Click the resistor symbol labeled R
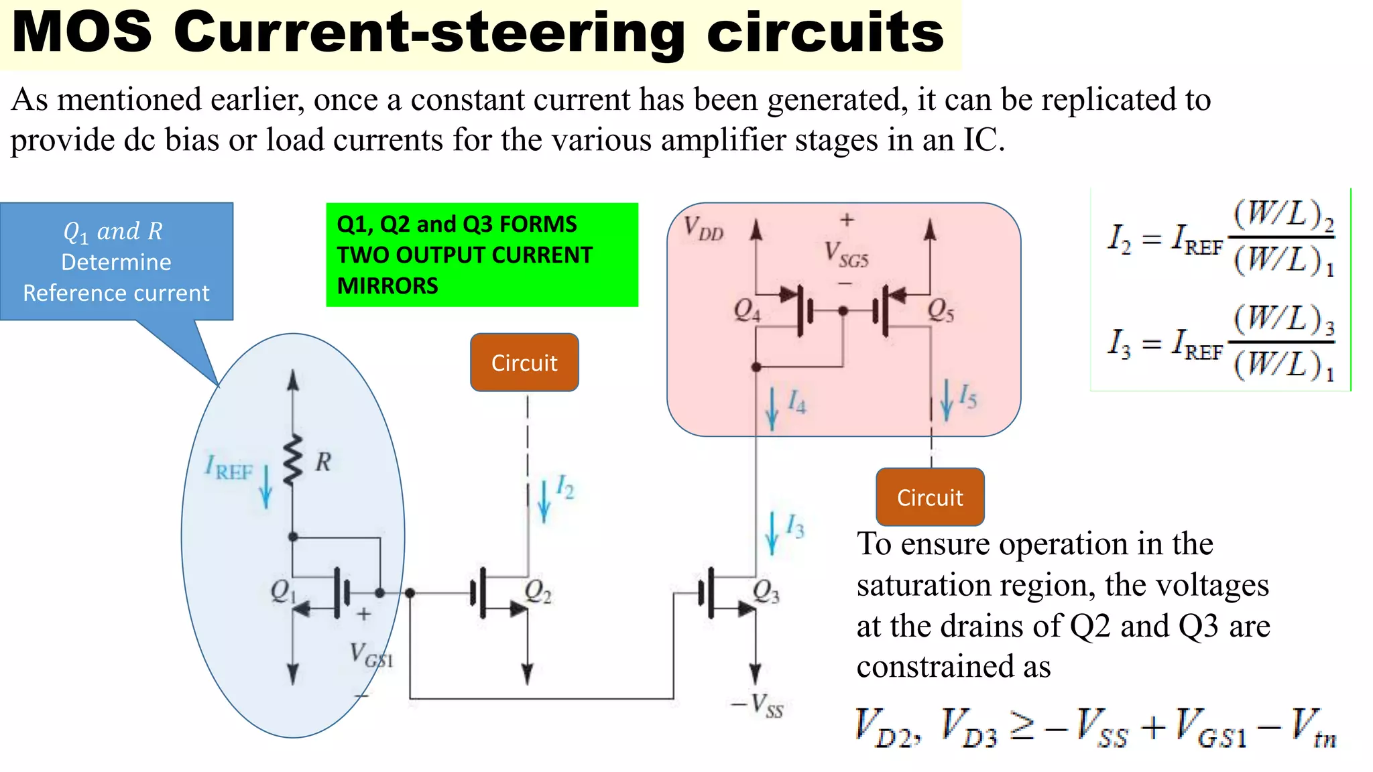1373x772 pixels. (293, 460)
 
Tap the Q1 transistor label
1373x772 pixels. (282, 591)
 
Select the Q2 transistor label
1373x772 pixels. (538, 591)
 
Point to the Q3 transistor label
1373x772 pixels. (766, 591)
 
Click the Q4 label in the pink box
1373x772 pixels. (747, 310)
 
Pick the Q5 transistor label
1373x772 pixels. (940, 310)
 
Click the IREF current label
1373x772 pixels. (229, 467)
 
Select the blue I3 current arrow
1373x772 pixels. (772, 533)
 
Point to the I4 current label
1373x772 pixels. (796, 401)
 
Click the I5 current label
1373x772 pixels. (967, 396)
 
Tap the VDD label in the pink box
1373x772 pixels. (703, 229)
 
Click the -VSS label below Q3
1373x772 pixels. (758, 706)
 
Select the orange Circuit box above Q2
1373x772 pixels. (524, 363)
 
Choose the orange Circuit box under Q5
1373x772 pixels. (930, 497)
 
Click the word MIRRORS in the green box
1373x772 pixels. (387, 286)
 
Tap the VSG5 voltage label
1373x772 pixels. (846, 255)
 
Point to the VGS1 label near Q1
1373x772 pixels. (371, 654)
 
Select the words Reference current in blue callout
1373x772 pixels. (116, 293)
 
